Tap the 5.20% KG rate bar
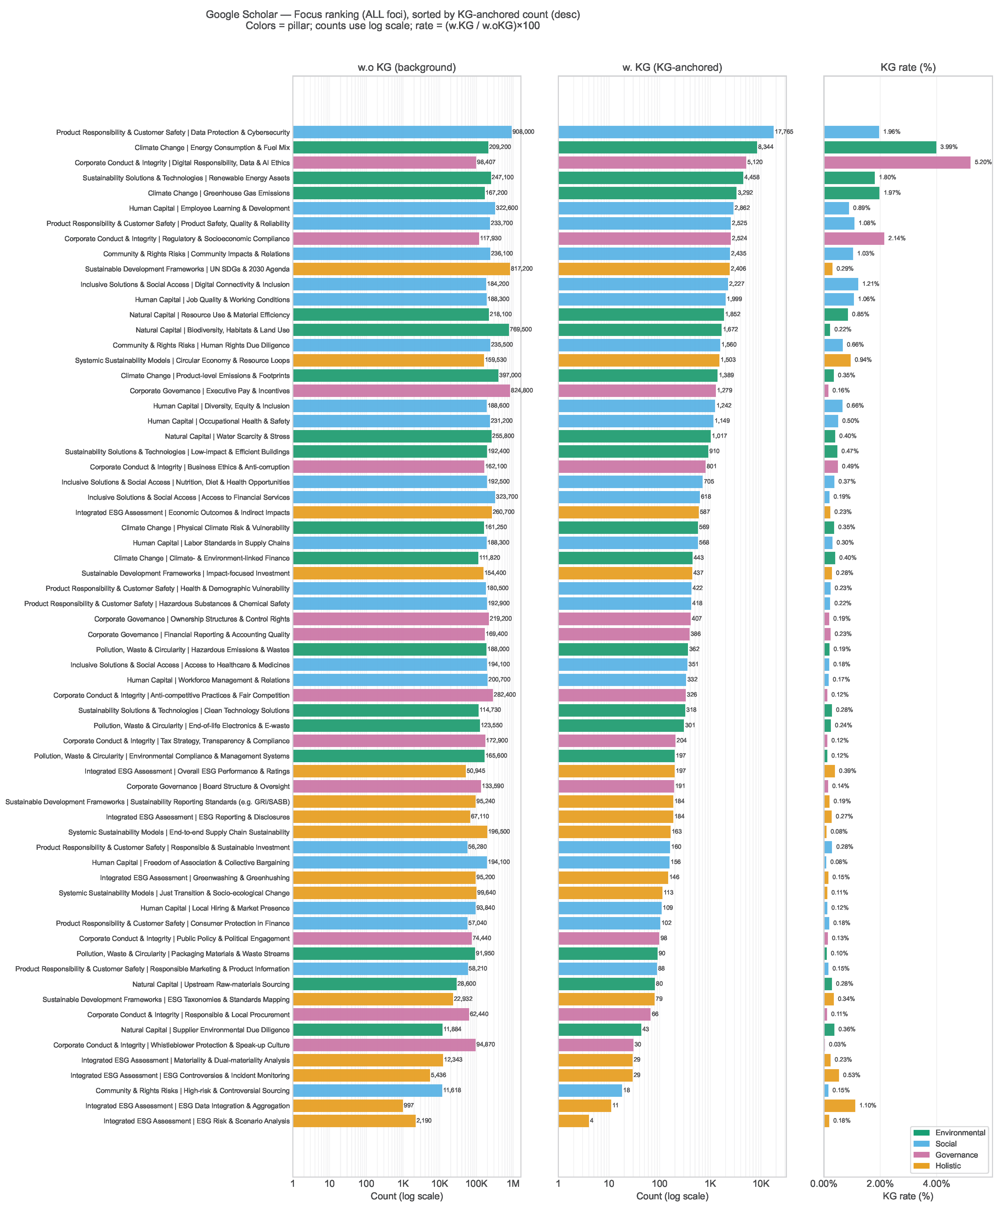click(x=897, y=162)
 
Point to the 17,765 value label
click(x=784, y=132)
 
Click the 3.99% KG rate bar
click(x=880, y=148)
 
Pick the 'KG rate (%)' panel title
click(x=908, y=68)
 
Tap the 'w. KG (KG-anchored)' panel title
click(x=672, y=68)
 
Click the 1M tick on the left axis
click(x=513, y=1184)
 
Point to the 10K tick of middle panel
click(x=761, y=1184)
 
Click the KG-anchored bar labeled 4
click(x=573, y=1121)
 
